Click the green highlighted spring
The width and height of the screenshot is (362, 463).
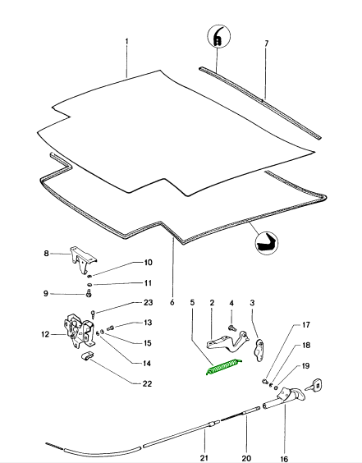click(224, 367)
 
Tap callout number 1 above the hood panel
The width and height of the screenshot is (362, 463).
click(127, 41)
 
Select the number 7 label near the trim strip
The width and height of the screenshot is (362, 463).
click(266, 44)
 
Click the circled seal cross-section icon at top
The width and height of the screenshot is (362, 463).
click(218, 36)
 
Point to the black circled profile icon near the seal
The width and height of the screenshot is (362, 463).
click(267, 243)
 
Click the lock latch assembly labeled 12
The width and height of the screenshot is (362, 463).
click(79, 330)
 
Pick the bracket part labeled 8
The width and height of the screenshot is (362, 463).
click(83, 260)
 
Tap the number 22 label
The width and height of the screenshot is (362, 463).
click(147, 383)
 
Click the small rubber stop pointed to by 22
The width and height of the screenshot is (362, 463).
click(87, 355)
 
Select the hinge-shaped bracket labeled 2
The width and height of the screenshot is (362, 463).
click(227, 342)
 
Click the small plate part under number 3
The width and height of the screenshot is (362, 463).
click(260, 350)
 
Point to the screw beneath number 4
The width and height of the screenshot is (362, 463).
click(231, 328)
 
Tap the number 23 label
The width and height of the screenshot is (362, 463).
click(148, 303)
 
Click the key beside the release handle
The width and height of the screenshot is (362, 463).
click(314, 385)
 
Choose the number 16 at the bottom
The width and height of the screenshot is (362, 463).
click(284, 459)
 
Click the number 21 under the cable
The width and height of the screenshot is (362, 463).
click(204, 458)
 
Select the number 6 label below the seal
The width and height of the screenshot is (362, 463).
click(172, 303)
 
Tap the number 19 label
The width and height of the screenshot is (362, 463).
click(305, 366)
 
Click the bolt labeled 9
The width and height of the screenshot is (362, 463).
click(89, 294)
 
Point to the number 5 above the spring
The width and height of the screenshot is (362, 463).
click(192, 303)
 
